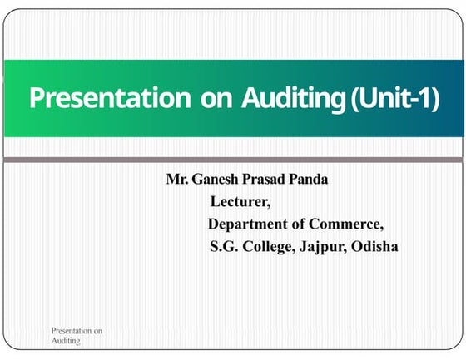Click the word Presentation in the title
pyautogui.click(x=110, y=98)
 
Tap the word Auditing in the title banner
pyautogui.click(x=295, y=98)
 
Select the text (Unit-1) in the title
pyautogui.click(x=394, y=98)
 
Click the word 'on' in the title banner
pyautogui.click(x=216, y=99)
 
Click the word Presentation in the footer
pyautogui.click(x=71, y=331)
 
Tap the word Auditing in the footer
pyautogui.click(x=66, y=341)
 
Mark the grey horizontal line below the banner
pyautogui.click(x=233, y=158)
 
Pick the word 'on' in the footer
pyautogui.click(x=97, y=331)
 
